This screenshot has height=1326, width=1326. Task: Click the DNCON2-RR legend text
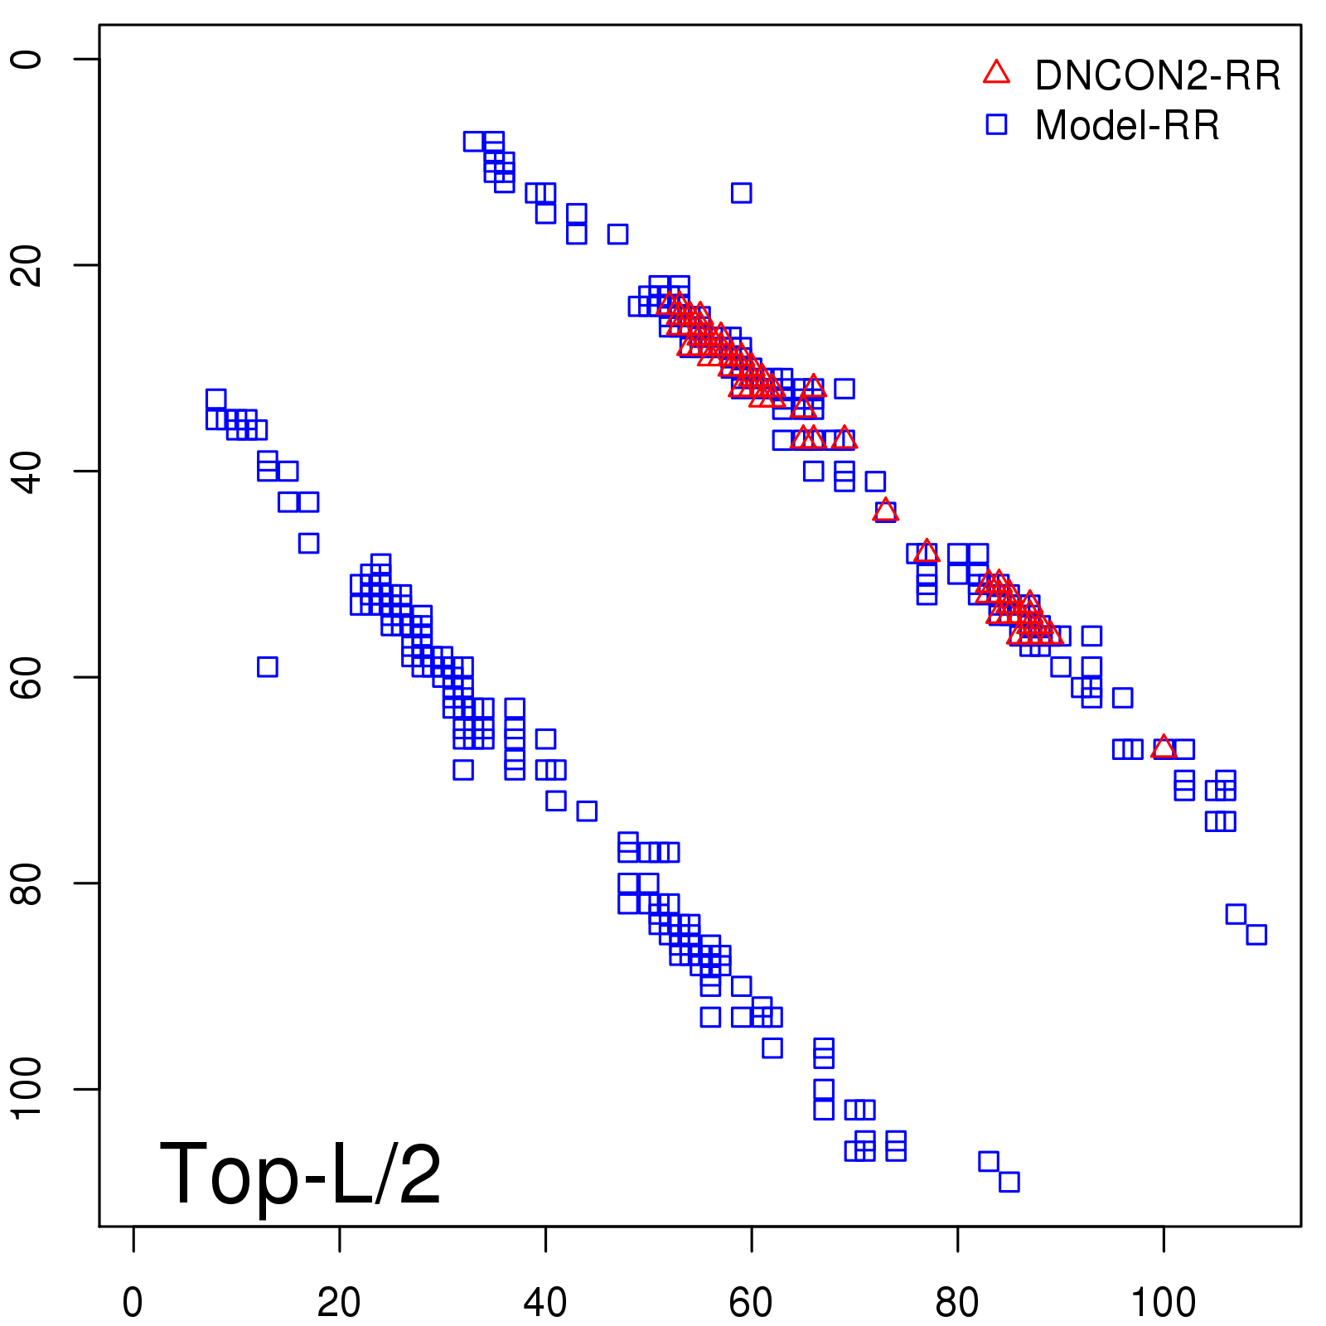(1157, 75)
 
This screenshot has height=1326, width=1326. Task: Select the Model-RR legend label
(1127, 126)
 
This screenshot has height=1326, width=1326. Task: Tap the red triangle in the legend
(996, 73)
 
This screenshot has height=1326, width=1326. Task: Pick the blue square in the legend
(996, 124)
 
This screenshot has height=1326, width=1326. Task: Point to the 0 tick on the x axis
(133, 1303)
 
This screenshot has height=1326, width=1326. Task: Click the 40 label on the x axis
(544, 1303)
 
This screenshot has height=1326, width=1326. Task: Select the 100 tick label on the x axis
(1163, 1303)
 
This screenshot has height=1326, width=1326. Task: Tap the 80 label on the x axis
(957, 1303)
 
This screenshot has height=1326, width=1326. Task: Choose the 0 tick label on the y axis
(27, 59)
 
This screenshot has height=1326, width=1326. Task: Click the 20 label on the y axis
(27, 265)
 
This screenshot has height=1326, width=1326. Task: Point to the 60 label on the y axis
(27, 677)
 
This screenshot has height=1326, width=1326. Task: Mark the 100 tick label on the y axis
(27, 1089)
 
